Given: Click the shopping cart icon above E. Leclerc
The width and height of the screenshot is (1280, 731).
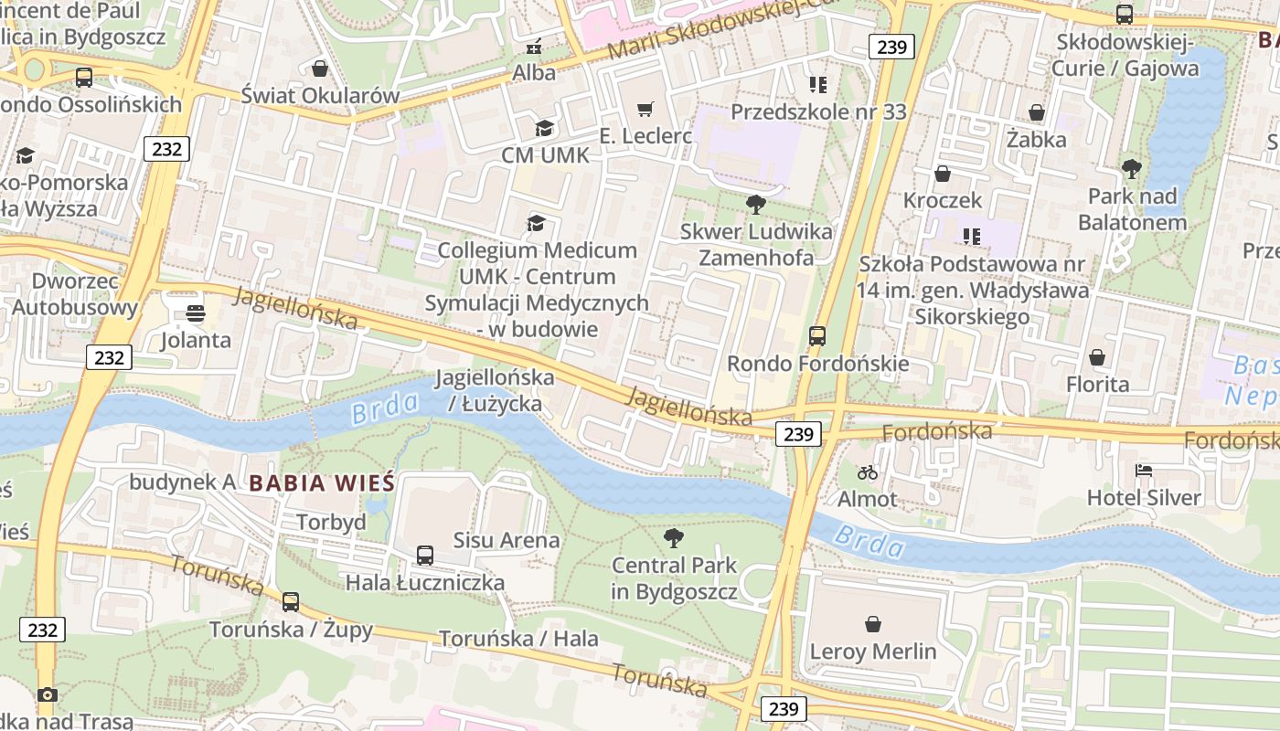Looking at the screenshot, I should tap(645, 110).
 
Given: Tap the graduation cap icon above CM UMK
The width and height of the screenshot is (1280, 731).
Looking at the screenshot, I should tap(544, 128).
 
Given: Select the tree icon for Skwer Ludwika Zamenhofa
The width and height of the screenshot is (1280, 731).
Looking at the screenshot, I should tap(755, 204).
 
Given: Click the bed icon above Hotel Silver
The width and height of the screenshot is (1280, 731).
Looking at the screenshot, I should tap(1144, 471).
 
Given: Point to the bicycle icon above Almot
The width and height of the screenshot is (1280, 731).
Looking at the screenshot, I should tap(868, 472).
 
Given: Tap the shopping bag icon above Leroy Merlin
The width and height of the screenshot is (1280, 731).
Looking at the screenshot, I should tap(873, 624).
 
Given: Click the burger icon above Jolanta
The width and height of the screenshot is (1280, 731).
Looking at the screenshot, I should tap(195, 313).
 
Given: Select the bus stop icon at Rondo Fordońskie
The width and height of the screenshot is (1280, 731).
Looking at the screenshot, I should tap(817, 336).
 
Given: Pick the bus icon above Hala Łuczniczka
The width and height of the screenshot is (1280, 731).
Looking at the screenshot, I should tap(424, 555).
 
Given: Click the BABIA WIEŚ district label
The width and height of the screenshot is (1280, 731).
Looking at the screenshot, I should tap(321, 482).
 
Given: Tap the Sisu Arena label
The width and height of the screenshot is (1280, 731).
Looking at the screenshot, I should tap(507, 540).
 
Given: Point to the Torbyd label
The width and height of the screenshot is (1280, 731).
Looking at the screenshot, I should tap(331, 522).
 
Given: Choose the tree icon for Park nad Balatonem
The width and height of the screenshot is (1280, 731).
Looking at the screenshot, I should tap(1131, 169).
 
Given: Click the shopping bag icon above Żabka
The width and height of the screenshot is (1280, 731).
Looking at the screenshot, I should tap(1036, 112).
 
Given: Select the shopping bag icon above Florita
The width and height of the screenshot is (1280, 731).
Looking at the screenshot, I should tap(1096, 357).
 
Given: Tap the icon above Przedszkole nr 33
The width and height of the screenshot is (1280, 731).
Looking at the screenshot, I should tap(818, 85).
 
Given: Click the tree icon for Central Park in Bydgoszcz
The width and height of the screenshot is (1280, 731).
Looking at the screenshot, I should tap(674, 537).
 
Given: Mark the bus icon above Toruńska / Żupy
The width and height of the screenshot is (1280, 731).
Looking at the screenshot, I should tap(290, 602).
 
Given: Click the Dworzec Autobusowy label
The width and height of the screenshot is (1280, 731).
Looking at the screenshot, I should tap(75, 293).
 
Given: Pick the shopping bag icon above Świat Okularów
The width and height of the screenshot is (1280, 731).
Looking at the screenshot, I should tap(320, 69).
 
